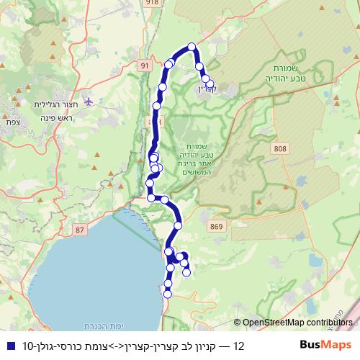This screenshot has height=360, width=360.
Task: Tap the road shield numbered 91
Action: pos(145,66)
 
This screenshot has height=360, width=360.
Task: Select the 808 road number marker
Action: pos(279,148)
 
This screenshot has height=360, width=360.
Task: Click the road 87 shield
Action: pos(79,230)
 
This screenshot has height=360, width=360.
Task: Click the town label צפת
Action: pos(12,122)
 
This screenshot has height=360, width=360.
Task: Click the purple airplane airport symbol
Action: pos(89,101)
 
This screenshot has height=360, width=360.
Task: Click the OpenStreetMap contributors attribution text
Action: pos(297,323)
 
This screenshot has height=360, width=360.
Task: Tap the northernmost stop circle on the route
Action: pos(192,47)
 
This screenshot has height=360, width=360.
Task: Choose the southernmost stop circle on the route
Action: pos(168,293)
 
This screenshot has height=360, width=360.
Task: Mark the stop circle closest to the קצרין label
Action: pos(210,84)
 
